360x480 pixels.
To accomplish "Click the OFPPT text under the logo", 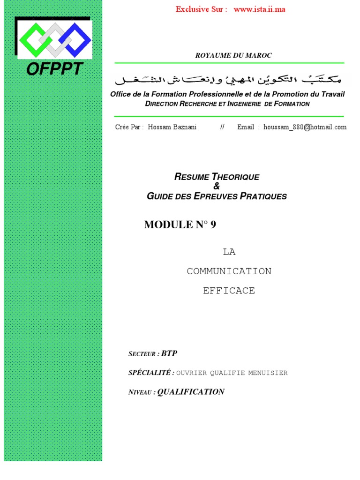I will click(54, 69).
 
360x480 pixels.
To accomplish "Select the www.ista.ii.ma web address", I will click(259, 9).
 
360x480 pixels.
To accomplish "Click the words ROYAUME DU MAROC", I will click(233, 55).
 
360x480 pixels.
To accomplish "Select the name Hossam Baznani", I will click(172, 127).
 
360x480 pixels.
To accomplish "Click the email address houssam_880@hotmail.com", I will click(305, 127).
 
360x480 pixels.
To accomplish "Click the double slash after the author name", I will click(222, 127).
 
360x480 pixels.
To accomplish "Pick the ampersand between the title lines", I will click(216, 187).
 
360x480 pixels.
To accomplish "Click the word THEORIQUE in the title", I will click(235, 177).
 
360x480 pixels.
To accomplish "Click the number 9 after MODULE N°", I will click(213, 225).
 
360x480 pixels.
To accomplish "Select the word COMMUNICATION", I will click(229, 271).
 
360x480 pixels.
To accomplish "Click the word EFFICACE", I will click(229, 291).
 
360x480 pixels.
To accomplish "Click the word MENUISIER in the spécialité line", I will click(269, 373).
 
